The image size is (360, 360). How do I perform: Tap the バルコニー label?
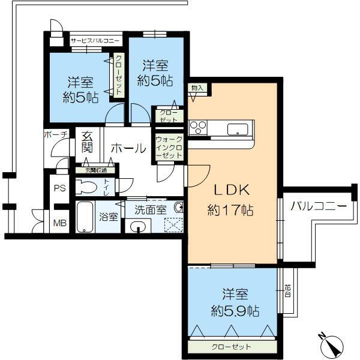click(x=319, y=206)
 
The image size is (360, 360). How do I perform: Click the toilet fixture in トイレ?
click(x=88, y=187)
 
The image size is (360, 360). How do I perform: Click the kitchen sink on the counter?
click(x=238, y=128)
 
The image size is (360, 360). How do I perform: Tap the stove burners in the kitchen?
click(x=199, y=128)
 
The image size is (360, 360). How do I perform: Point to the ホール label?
click(x=128, y=148)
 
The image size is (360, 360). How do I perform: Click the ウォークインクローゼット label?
click(x=169, y=148)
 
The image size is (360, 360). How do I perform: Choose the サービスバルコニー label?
click(x=95, y=41)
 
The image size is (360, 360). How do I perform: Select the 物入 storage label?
click(x=197, y=88)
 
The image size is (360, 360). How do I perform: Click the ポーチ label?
click(x=55, y=136)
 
